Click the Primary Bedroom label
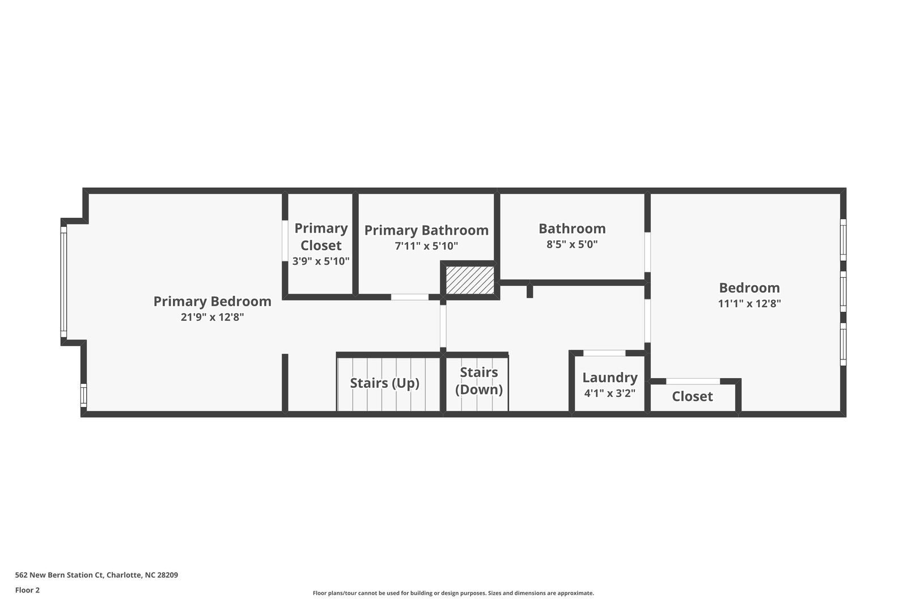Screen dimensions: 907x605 pos(212,302)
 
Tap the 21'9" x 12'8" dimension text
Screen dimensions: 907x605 pos(212,318)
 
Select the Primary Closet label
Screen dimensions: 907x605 pos(321,236)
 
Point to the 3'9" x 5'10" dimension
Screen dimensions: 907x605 pos(321,261)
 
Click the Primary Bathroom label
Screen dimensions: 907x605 pos(426,230)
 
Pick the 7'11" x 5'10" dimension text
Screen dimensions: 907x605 pos(426,246)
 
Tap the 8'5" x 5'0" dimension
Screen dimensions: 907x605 pos(572,244)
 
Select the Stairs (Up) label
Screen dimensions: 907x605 pos(384,383)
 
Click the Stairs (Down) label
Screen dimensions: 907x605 pos(479,381)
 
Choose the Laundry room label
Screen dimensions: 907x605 pos(610,378)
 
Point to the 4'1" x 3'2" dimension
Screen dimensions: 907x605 pos(610,393)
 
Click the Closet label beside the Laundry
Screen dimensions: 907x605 pos(692,396)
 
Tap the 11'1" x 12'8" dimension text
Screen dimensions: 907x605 pos(749,303)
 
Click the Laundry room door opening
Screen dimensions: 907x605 pos(604,353)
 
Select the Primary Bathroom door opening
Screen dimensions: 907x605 pos(410,297)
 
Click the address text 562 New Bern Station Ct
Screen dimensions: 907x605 pos(96,575)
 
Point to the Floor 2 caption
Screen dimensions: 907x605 pos(27,590)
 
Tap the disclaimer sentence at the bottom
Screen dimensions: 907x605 pos(453,593)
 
